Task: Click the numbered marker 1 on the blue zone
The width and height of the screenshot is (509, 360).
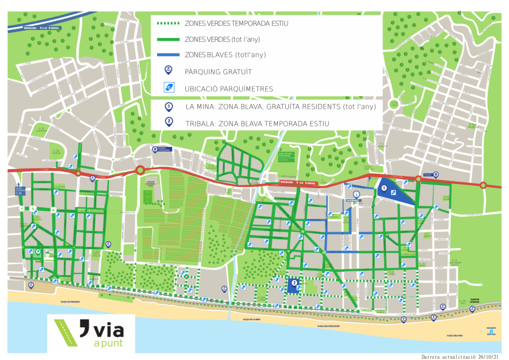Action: (384, 188)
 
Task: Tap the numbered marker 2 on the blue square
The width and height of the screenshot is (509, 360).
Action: (294, 283)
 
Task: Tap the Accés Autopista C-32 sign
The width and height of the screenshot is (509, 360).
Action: (20, 190)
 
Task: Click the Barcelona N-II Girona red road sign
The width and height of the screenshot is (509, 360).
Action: (298, 183)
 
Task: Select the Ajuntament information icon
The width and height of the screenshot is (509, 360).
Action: (356, 194)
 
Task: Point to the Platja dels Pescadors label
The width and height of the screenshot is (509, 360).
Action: (329, 327)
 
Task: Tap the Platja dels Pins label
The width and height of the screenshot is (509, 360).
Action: (454, 336)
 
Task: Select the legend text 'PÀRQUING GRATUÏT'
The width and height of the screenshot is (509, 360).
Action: (218, 72)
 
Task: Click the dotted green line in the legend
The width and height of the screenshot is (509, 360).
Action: (168, 23)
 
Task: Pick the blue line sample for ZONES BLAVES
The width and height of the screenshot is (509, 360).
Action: (168, 55)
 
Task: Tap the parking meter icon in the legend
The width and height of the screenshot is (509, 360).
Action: (169, 88)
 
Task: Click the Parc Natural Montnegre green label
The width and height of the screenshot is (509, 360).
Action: (286, 157)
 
